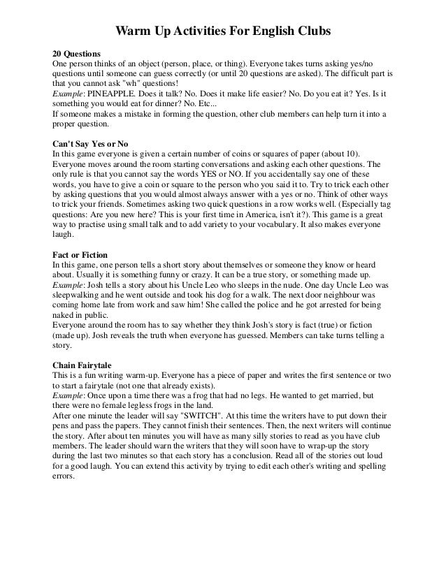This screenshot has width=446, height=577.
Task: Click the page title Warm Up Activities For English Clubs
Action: tap(222, 31)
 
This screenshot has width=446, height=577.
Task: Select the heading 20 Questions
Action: tap(77, 53)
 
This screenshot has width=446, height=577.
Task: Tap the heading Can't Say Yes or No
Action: tap(90, 143)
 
